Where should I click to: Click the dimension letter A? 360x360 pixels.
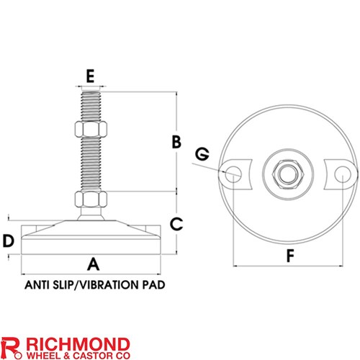94,264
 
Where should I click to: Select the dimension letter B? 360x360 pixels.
176,142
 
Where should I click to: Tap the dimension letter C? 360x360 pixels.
176,224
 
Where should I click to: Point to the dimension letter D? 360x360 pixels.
9,241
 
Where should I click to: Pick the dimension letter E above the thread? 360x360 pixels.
90,76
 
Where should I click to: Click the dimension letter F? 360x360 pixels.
290,256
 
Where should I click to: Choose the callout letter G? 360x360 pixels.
202,154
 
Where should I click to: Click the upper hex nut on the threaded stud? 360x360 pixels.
91,129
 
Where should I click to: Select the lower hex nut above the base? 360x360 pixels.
91,199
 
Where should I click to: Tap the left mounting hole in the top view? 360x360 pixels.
233,174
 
